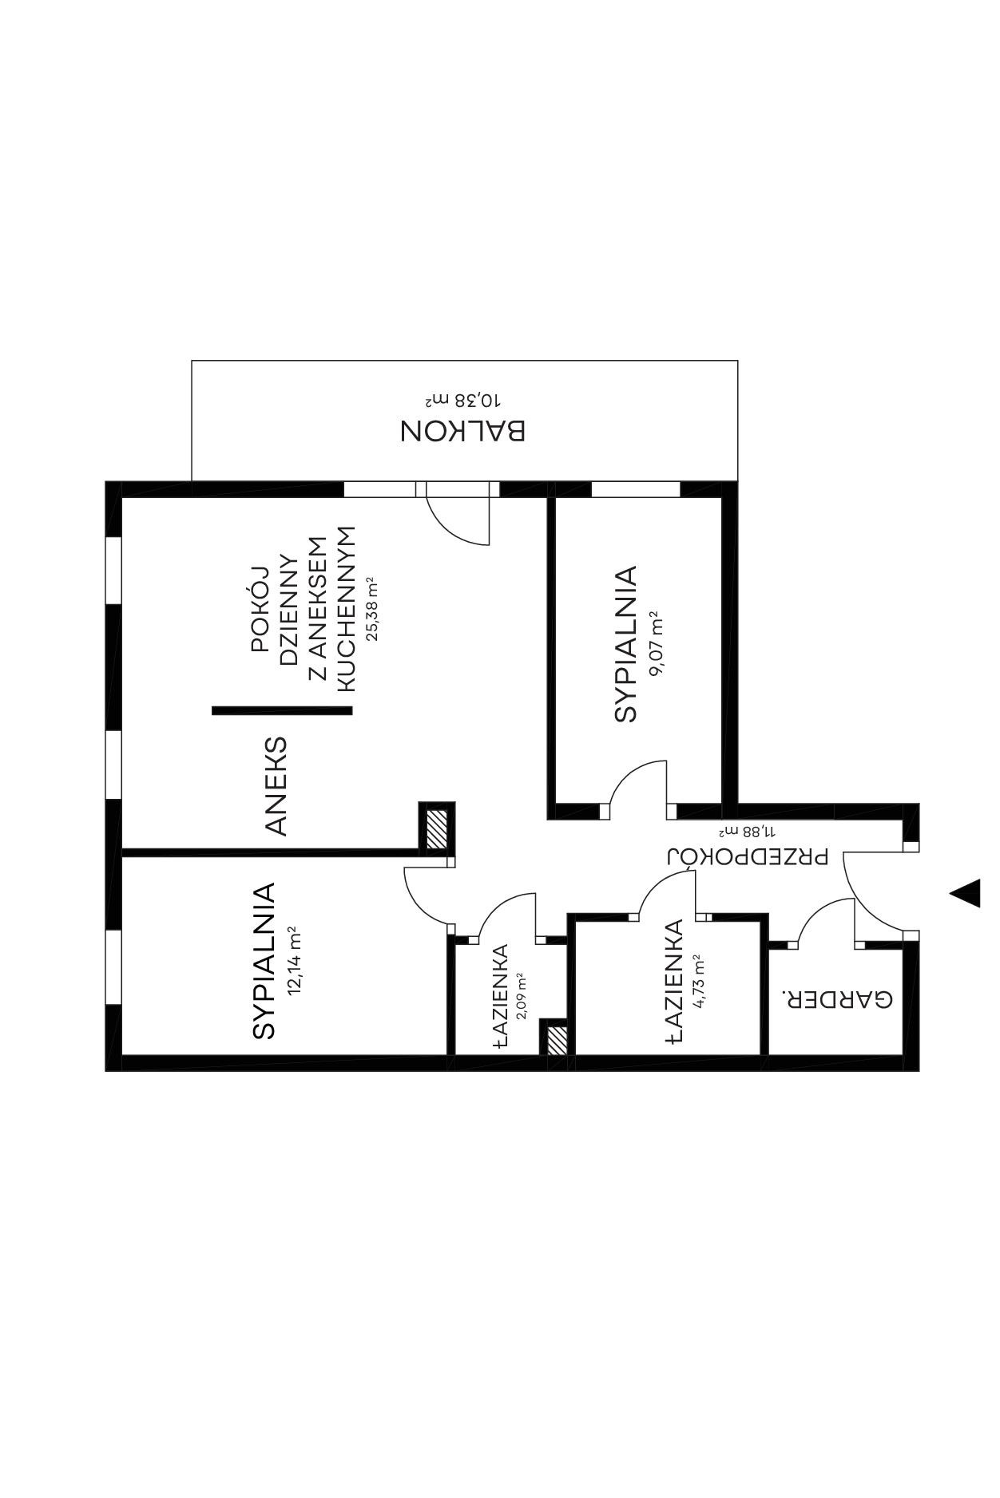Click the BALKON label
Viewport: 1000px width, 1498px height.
pos(462,431)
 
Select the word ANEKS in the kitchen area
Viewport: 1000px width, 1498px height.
pos(276,786)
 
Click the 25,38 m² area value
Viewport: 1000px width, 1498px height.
pos(371,609)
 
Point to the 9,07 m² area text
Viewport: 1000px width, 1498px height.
pos(657,643)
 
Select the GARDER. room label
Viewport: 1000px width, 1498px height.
pos(835,999)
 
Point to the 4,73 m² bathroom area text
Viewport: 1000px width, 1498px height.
pos(700,982)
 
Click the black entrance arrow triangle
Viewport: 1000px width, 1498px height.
pos(966,893)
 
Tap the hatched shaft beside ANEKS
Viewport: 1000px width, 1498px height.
pos(437,829)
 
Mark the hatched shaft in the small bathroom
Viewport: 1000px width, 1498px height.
pos(557,1040)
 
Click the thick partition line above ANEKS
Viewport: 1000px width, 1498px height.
pos(282,710)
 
